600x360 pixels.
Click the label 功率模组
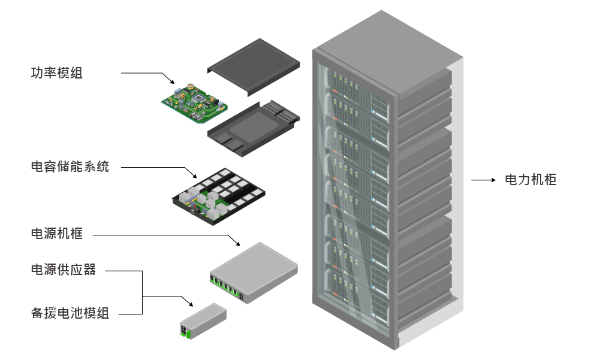57,73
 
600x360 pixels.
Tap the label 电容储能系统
70,167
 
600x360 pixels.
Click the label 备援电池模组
70,313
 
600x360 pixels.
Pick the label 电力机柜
531,180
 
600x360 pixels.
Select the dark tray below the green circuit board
252,127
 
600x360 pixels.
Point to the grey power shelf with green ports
254,271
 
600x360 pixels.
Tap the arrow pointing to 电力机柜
483,180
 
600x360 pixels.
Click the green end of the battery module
186,331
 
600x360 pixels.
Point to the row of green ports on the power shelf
227,288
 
